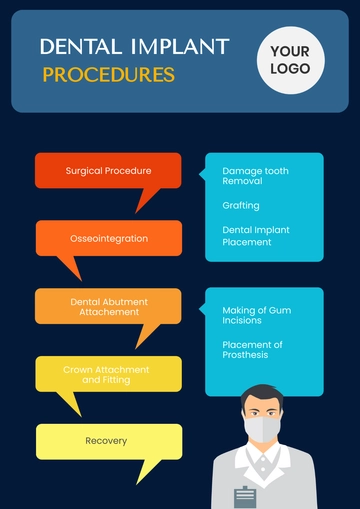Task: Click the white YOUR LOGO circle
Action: coord(290,60)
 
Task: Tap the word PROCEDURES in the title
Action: coord(108,74)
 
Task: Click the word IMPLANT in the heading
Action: coord(179,46)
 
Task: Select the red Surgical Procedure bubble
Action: coord(108,170)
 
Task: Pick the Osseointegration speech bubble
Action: coord(109,238)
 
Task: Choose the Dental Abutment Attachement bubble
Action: coord(109,306)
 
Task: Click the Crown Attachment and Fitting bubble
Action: coord(108,374)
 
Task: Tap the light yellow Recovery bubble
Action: coord(108,441)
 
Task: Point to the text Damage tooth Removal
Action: coord(255,176)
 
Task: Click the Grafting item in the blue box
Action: coord(240,205)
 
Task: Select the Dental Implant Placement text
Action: coord(255,236)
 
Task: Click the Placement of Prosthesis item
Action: coord(252,350)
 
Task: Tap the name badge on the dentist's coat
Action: coord(246,495)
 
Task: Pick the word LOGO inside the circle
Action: coord(290,69)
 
